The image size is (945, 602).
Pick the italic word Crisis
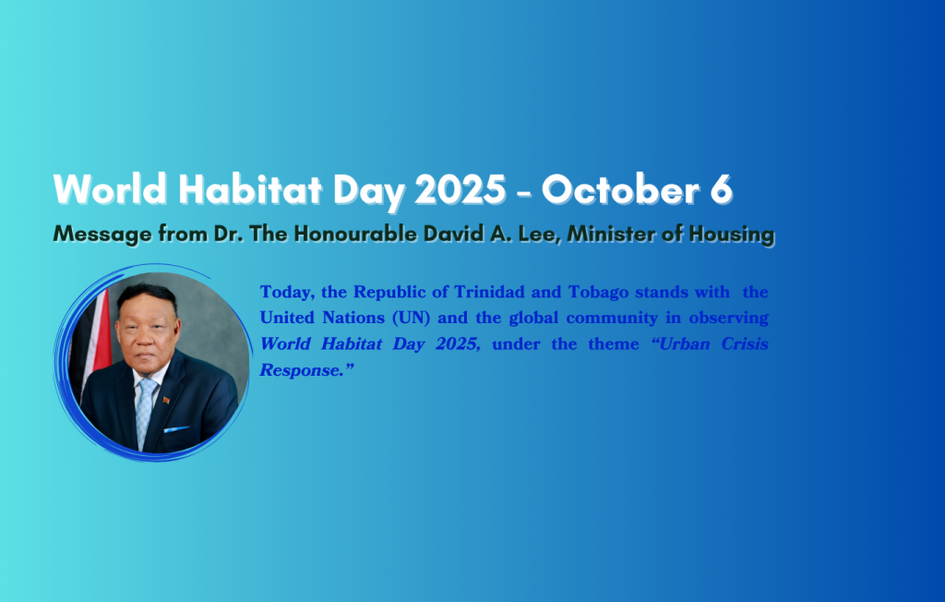click(x=744, y=343)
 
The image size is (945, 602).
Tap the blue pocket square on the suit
click(x=176, y=428)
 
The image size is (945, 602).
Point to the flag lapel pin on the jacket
click(x=166, y=400)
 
